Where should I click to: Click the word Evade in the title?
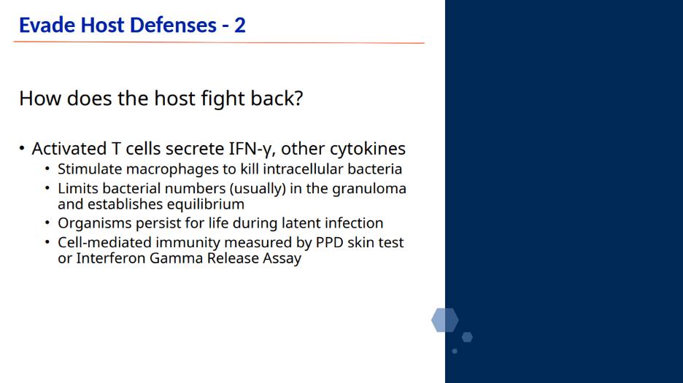click(47, 25)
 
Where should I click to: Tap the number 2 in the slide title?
click(240, 26)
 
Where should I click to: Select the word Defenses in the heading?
click(173, 25)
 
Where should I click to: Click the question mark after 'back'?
click(299, 98)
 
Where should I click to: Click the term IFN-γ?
click(252, 149)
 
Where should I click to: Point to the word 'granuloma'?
click(369, 189)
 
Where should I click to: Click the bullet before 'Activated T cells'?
click(22, 148)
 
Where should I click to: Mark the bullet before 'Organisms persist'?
click(47, 223)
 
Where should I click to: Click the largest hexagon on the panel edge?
click(444, 320)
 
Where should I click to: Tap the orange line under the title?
click(219, 42)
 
